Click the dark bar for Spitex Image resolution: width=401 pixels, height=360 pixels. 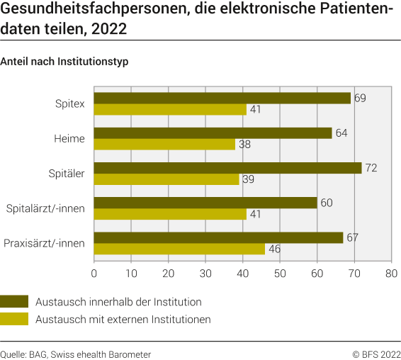[x=222, y=98]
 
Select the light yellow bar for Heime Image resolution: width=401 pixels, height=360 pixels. [x=164, y=145]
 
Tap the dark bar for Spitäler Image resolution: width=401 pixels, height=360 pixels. [x=227, y=168]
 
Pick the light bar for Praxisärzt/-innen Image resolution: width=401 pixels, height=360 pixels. [x=179, y=249]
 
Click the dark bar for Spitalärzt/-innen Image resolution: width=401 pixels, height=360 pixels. [x=205, y=203]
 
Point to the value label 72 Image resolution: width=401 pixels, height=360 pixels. [x=371, y=167]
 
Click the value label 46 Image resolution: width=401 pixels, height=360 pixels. [x=275, y=249]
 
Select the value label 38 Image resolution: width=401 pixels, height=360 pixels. [x=245, y=145]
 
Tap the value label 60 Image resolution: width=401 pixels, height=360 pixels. [x=327, y=203]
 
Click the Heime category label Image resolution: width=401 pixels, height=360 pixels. [x=69, y=139]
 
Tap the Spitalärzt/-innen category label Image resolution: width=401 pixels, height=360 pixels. [x=45, y=208]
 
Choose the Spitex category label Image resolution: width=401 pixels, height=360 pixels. [x=69, y=104]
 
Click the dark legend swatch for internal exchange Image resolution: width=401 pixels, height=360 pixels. [x=14, y=301]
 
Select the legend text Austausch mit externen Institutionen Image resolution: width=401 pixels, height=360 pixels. [x=123, y=320]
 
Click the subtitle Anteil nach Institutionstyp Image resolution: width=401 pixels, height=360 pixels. [x=64, y=61]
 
